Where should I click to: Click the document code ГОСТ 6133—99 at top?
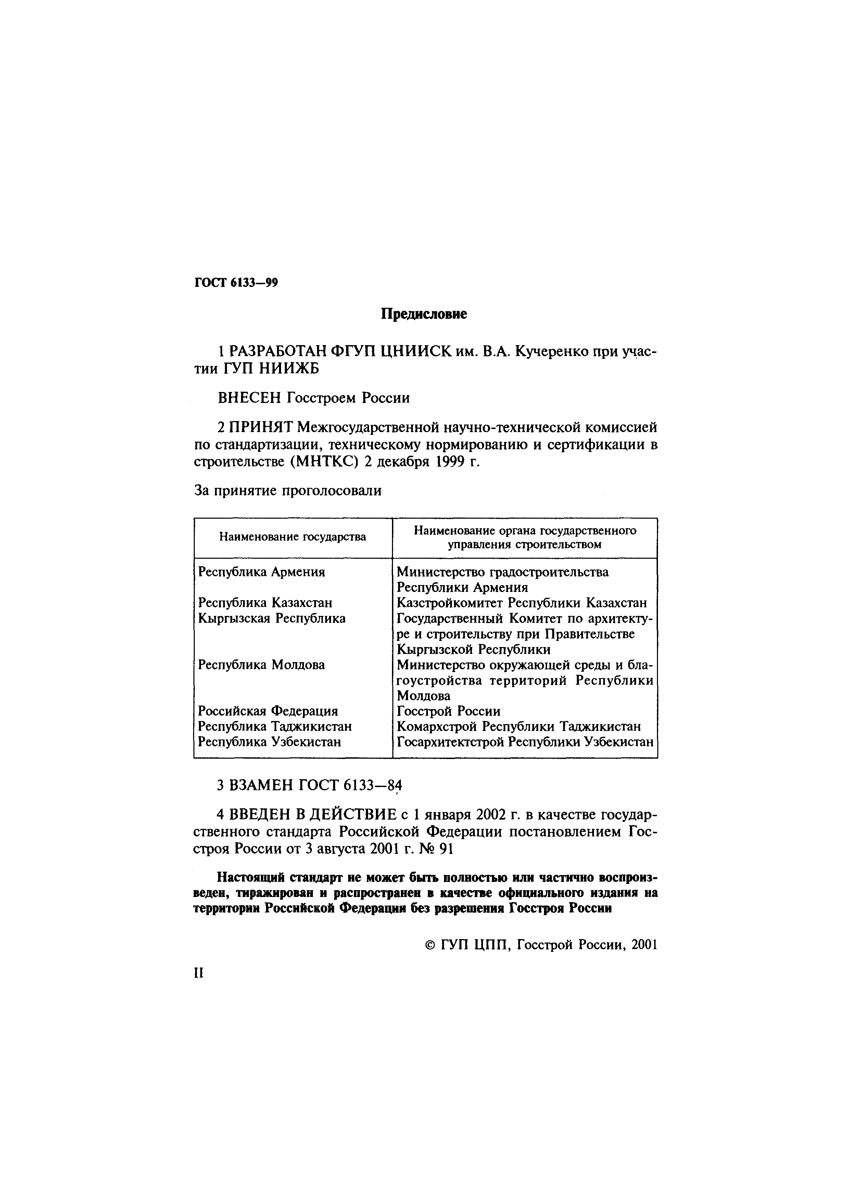click(236, 283)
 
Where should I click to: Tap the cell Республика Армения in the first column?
click(262, 572)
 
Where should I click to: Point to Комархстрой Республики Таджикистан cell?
click(518, 726)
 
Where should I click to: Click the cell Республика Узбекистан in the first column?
click(269, 742)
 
